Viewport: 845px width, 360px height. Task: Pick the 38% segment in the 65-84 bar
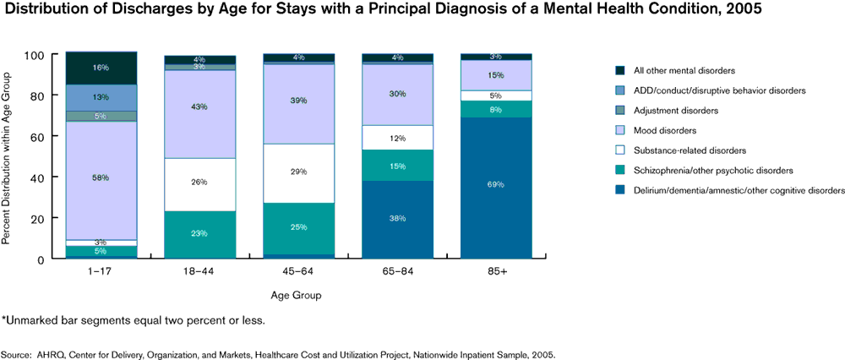[x=397, y=219]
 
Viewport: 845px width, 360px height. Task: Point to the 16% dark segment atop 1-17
[x=101, y=68]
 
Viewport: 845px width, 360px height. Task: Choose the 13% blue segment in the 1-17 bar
[x=101, y=97]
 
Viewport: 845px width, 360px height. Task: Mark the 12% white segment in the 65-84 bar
[x=397, y=138]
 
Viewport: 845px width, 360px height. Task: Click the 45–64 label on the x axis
[x=298, y=273]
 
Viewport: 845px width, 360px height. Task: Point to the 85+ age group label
[x=496, y=273]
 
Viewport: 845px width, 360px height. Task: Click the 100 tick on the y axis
[x=35, y=55]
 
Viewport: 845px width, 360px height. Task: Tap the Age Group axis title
[x=296, y=296]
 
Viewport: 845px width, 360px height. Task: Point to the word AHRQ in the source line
[x=49, y=355]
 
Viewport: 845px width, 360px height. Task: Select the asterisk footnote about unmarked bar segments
[x=134, y=319]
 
